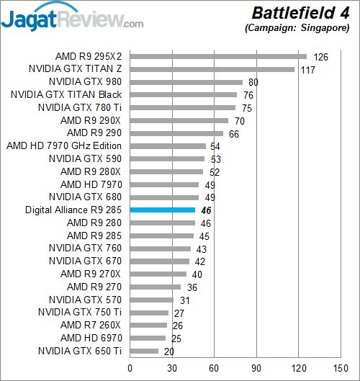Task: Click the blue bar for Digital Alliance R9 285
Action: click(162, 210)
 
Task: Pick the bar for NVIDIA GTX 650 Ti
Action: click(144, 351)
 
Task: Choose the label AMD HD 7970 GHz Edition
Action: click(64, 146)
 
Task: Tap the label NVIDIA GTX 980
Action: click(86, 82)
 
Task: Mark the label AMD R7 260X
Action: click(91, 326)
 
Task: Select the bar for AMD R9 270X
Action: click(158, 274)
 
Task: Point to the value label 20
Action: click(169, 351)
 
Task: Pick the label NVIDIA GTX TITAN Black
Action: click(66, 95)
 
